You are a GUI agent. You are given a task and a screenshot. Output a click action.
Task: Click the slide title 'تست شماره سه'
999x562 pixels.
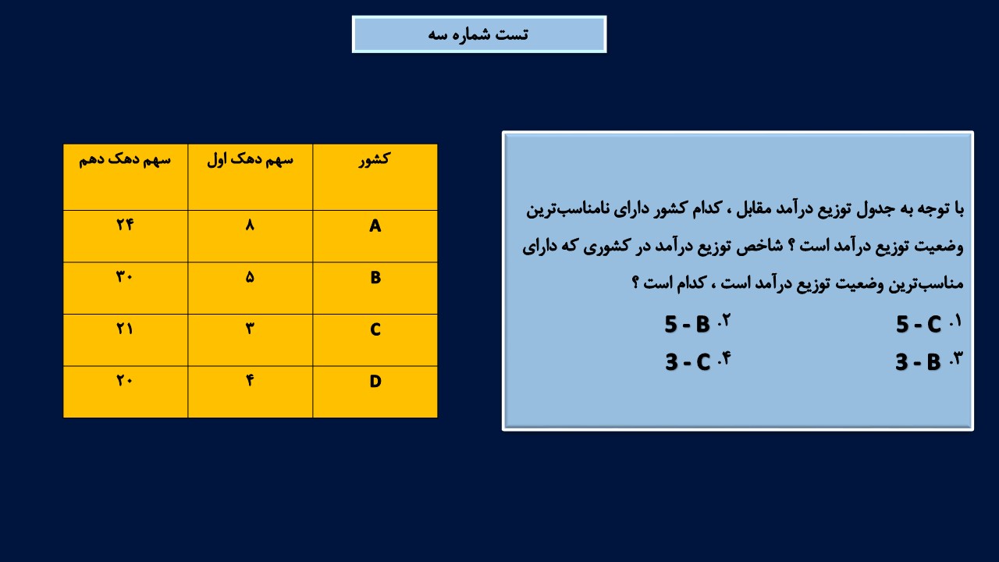click(478, 34)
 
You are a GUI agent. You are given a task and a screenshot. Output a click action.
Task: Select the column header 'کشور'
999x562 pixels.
click(375, 159)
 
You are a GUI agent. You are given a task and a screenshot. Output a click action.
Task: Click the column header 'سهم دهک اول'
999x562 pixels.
click(250, 159)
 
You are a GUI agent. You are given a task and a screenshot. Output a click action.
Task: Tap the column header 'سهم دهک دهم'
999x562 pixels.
click(125, 159)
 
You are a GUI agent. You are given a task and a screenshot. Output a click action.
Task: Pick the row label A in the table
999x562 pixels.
click(375, 226)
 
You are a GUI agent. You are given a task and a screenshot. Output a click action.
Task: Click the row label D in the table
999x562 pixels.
click(375, 382)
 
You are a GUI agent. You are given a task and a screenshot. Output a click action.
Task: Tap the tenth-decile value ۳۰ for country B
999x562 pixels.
click(124, 276)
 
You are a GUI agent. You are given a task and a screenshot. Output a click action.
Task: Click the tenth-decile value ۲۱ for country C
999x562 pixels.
click(125, 329)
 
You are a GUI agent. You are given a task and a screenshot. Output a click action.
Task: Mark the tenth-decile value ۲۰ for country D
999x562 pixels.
click(124, 380)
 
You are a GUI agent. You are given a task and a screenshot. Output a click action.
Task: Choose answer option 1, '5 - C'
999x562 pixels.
click(928, 323)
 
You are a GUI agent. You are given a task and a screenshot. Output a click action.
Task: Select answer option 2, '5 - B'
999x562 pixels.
click(697, 323)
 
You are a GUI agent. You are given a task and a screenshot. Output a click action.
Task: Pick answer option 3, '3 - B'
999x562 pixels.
click(928, 361)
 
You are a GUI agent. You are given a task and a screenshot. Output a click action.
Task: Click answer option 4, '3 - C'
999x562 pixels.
click(698, 361)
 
